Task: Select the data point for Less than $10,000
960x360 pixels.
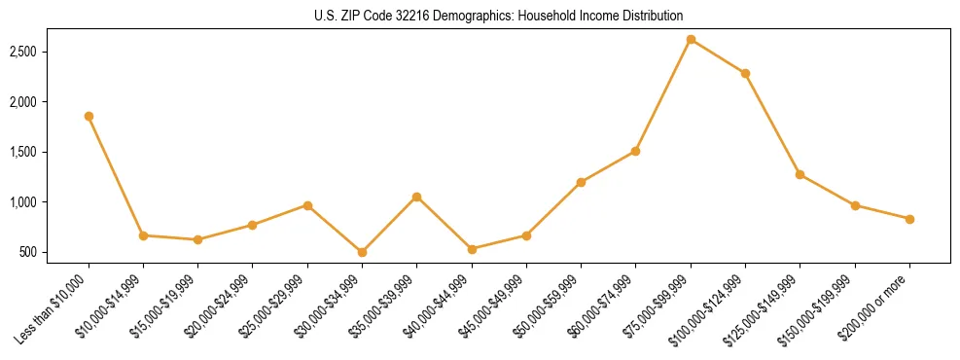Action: tap(89, 116)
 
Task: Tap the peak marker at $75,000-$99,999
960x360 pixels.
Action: tap(691, 39)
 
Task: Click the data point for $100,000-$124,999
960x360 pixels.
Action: tap(745, 73)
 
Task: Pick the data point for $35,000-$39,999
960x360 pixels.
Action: tap(416, 197)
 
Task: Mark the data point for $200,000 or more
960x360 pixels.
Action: tap(909, 219)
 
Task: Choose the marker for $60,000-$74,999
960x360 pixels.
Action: tap(635, 151)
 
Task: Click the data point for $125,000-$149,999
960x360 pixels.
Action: tap(800, 174)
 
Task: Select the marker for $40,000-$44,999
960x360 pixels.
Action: tap(472, 249)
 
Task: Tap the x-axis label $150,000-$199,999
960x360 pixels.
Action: tap(822, 306)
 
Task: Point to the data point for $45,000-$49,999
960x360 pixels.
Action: tap(526, 235)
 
